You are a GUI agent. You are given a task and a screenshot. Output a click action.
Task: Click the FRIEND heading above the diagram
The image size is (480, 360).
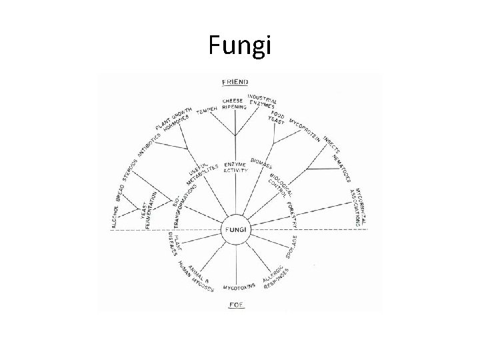(235, 82)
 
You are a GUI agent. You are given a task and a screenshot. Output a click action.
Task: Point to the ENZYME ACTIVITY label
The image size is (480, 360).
(236, 166)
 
